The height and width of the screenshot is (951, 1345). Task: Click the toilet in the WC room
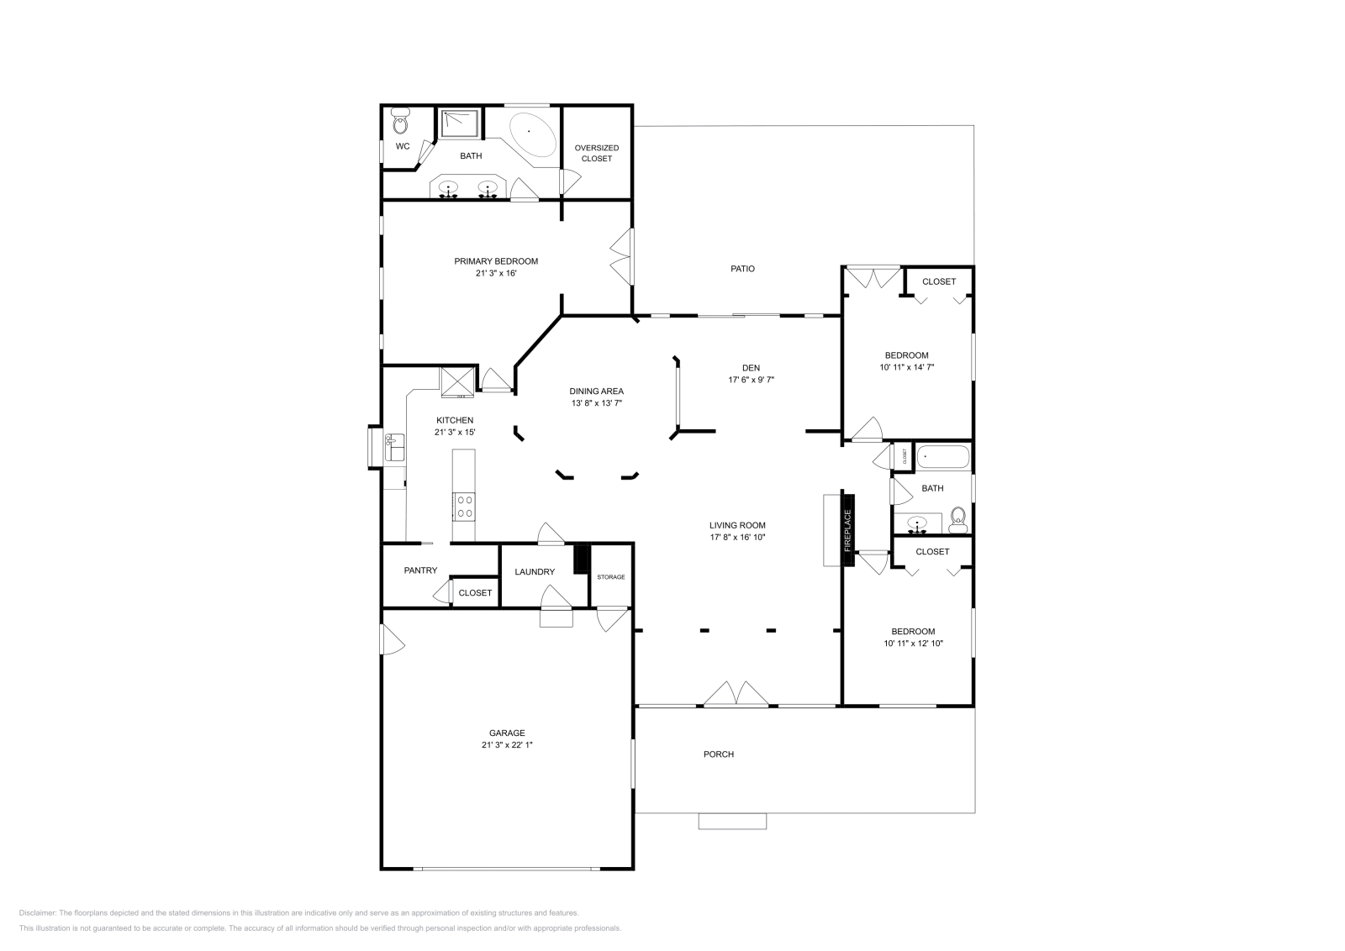(x=400, y=123)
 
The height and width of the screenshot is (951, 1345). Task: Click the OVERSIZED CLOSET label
(x=597, y=153)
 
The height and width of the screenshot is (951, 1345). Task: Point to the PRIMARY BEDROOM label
(x=496, y=261)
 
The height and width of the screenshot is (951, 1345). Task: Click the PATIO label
(x=742, y=269)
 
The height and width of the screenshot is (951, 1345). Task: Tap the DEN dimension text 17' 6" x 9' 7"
(x=751, y=380)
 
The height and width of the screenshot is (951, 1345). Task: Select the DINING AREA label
(x=596, y=391)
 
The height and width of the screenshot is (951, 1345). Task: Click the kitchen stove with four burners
(x=464, y=506)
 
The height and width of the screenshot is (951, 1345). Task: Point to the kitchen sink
(x=394, y=446)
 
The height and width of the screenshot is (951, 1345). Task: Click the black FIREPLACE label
(x=847, y=530)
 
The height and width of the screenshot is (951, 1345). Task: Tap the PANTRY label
(x=420, y=570)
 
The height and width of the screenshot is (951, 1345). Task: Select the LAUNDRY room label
(x=535, y=572)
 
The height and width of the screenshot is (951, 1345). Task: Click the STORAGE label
(x=611, y=577)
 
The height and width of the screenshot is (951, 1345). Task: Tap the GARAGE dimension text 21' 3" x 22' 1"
(x=507, y=745)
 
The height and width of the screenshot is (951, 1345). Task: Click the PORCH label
(x=718, y=754)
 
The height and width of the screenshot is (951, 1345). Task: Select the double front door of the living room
(x=736, y=694)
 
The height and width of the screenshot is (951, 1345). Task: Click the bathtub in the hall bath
(x=942, y=458)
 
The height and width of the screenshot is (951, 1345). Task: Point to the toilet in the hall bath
(x=957, y=520)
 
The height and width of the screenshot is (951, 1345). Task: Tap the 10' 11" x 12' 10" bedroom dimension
(x=913, y=644)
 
